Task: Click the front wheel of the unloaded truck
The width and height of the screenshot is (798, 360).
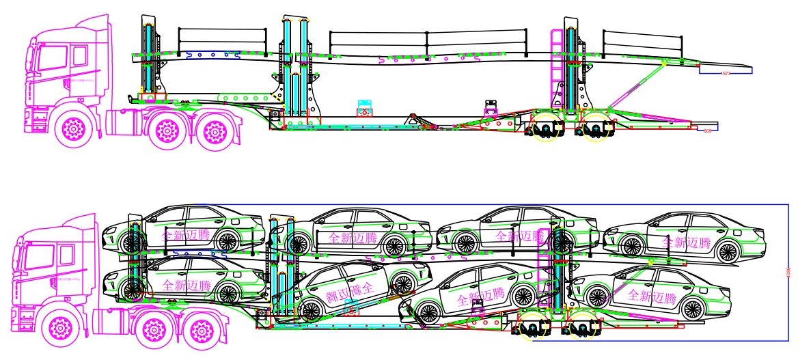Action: [72, 128]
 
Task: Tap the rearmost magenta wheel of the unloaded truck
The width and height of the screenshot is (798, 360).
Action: [216, 129]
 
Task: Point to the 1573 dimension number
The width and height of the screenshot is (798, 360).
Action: [726, 72]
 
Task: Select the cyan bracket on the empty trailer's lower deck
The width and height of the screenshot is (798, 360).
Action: [365, 108]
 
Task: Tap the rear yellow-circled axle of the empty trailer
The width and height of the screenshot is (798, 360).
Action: [595, 130]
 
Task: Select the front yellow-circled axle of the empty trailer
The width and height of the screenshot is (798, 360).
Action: [545, 130]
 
